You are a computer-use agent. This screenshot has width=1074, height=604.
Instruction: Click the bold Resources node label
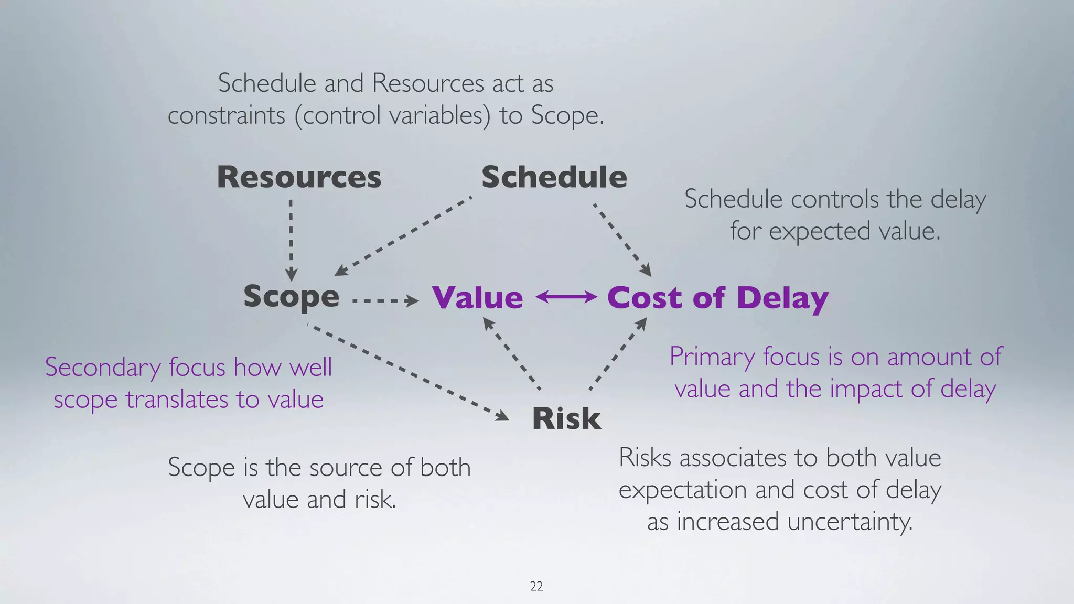click(299, 177)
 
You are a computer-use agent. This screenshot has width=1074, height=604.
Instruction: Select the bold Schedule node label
click(554, 177)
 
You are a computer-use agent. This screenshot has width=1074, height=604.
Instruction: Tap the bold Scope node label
click(291, 297)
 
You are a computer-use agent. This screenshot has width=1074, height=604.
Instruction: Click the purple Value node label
click(478, 298)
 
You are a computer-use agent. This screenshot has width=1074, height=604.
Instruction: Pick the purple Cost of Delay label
click(717, 298)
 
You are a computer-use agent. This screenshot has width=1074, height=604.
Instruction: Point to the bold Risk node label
click(566, 418)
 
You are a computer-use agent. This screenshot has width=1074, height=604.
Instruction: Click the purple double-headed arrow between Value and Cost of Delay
click(566, 297)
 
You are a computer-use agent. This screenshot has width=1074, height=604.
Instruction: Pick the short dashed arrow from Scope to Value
click(385, 301)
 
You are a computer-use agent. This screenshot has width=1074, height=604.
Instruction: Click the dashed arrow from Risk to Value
click(511, 354)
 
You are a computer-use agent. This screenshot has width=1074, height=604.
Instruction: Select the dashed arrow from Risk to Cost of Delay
click(618, 354)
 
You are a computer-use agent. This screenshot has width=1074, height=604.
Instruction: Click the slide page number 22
click(536, 586)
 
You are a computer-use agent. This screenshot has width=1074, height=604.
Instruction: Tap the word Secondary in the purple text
click(102, 367)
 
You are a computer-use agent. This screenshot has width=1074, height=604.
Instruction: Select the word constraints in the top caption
click(226, 115)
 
